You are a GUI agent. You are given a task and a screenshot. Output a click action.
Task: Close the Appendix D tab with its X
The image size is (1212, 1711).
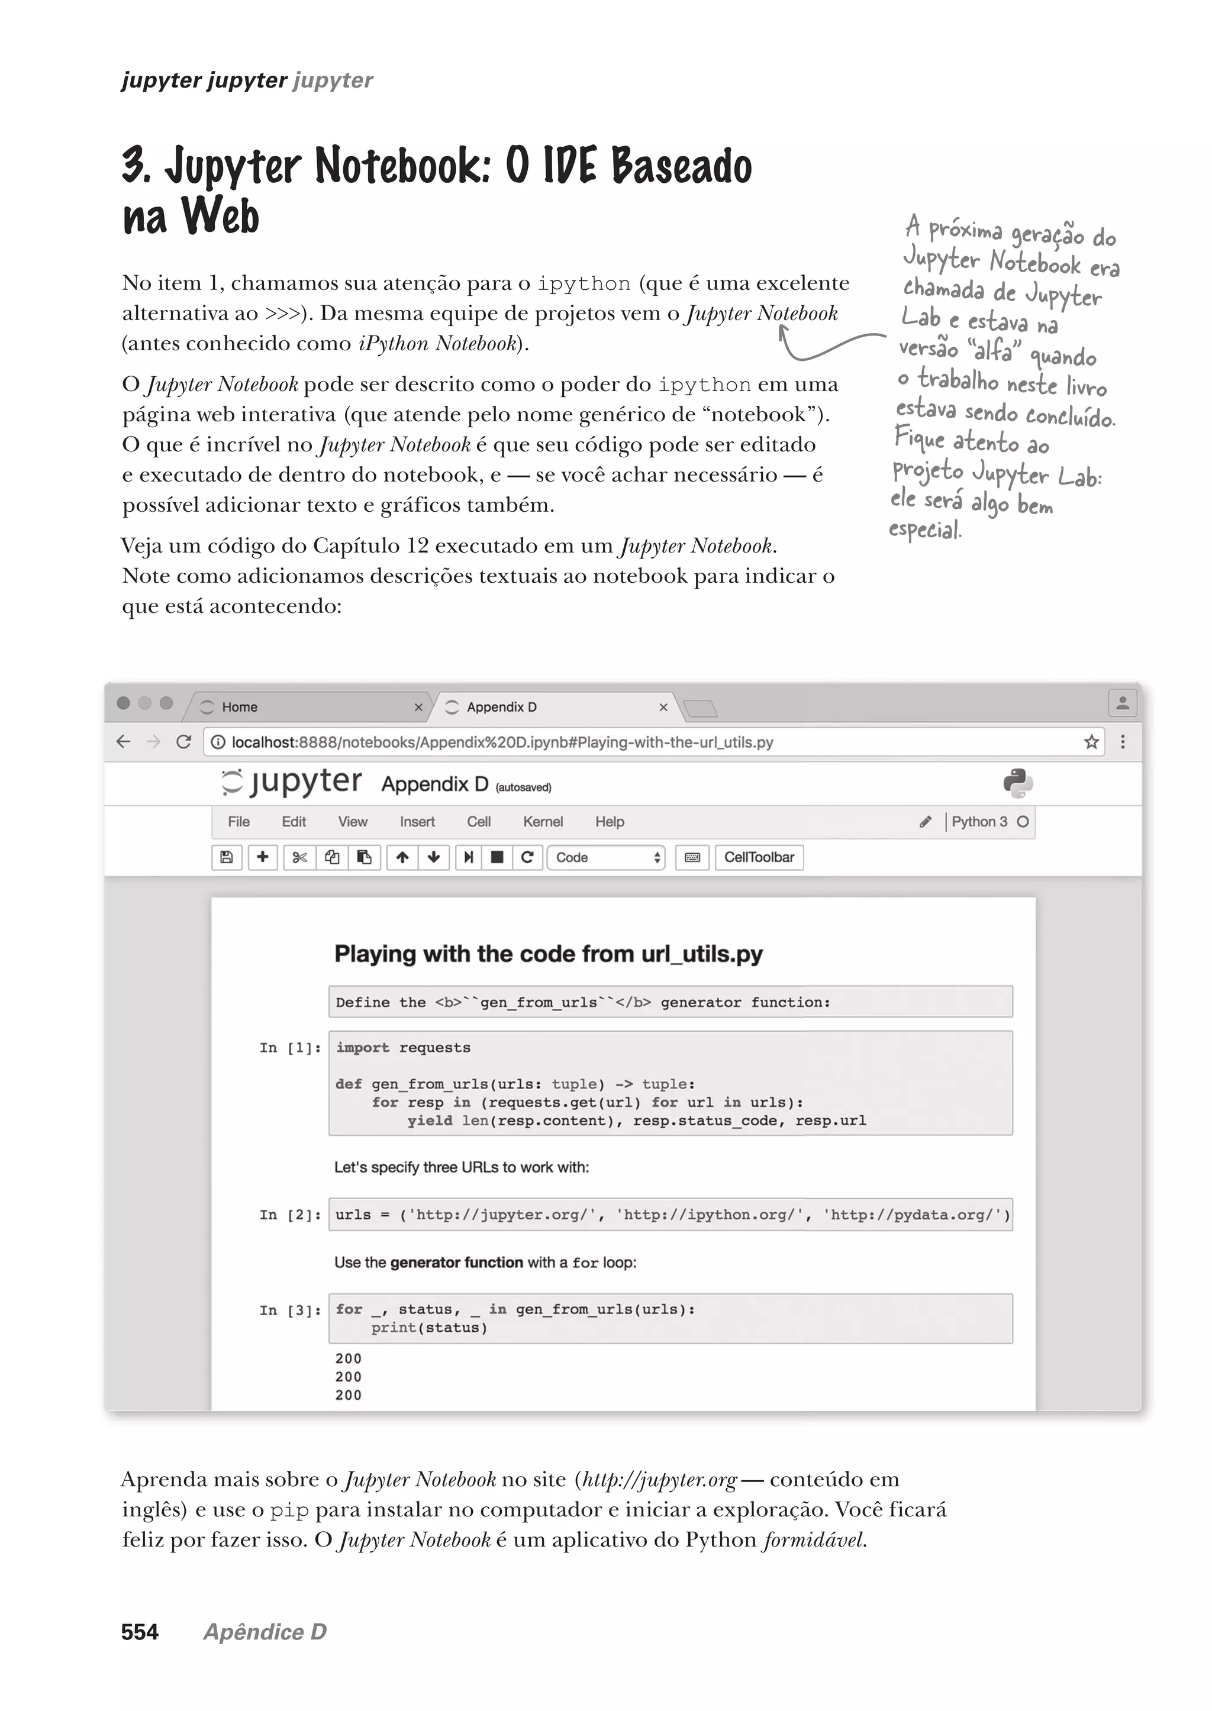663,706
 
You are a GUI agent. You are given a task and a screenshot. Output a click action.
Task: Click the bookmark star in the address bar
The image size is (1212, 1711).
1091,742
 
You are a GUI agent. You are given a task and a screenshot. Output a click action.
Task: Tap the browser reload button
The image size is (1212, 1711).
183,742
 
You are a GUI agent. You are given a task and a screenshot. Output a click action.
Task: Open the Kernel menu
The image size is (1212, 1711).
543,822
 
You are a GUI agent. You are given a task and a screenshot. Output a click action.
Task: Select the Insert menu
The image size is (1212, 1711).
417,822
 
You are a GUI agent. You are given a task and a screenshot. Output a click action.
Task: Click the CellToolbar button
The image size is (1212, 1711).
759,857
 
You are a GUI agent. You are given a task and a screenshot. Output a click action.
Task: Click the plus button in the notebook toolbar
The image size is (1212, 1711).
263,857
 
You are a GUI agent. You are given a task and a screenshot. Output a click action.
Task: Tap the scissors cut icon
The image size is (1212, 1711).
299,857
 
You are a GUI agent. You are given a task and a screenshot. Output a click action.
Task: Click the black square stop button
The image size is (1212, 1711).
497,857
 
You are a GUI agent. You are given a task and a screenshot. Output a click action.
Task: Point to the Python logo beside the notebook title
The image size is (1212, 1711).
1018,783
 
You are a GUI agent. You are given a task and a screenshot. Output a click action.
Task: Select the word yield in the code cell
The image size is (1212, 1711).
429,1121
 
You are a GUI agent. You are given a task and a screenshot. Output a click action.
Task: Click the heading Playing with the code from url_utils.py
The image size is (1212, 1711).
549,954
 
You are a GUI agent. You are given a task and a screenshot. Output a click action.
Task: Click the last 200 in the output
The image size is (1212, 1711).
349,1394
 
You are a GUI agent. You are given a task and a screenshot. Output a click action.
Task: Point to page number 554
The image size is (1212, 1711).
140,1632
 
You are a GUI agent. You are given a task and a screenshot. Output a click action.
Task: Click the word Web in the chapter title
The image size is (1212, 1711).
221,217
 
